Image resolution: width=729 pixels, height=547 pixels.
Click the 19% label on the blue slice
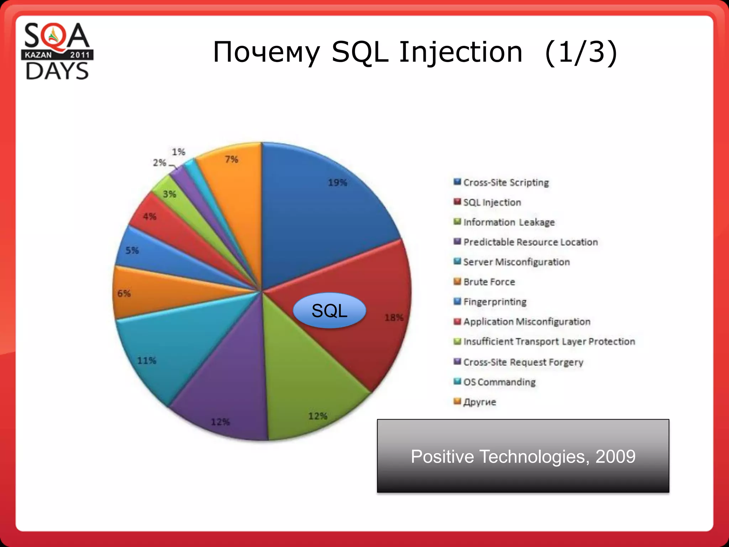337,183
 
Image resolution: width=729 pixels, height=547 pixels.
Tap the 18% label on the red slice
394,317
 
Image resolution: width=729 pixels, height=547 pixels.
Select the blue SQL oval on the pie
329,311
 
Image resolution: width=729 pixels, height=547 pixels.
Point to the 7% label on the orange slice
231,159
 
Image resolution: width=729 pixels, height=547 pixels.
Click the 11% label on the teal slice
147,361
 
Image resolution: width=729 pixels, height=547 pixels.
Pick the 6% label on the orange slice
124,293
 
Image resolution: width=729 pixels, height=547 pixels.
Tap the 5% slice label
132,250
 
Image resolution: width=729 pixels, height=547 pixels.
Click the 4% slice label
150,217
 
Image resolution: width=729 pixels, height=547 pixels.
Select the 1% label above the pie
178,152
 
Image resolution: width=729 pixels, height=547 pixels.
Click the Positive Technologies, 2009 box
523,456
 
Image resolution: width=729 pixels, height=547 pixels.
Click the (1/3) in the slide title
581,52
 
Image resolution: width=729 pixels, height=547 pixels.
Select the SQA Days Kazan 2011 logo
57,51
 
